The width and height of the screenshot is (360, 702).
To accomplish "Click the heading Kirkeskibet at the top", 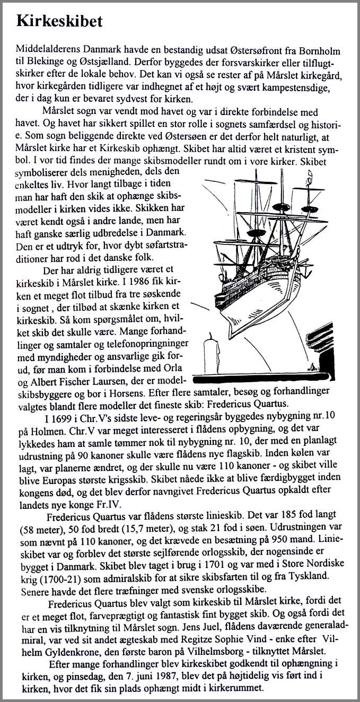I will (x=59, y=22).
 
